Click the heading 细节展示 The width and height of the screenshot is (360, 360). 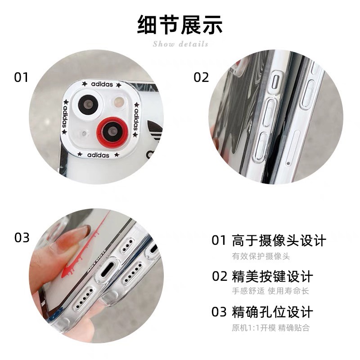pos(180,25)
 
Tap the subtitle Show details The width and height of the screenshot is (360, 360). pos(180,44)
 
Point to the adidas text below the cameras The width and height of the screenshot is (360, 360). pos(98,155)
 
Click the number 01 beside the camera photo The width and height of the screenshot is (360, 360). pos(21,77)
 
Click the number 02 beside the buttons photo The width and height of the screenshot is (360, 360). pos(201,77)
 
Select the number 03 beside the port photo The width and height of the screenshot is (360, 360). pos(22,238)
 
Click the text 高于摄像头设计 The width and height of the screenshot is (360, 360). pos(279,240)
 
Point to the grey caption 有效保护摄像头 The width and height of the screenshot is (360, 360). pos(261,256)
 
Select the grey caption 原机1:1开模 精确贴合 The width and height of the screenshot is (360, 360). pos(270,327)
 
